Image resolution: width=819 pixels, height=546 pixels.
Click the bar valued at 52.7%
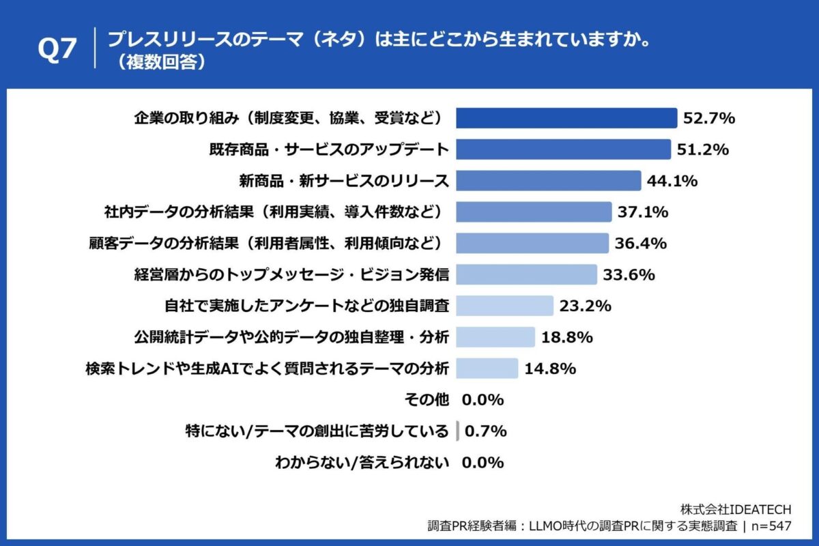[x=566, y=118]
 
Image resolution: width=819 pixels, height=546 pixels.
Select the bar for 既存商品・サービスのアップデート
[x=563, y=149]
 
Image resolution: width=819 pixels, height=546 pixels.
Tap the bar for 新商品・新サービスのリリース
[x=548, y=181]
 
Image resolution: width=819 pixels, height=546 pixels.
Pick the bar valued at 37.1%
[x=533, y=212]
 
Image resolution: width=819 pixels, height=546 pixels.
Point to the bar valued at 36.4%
[x=532, y=243]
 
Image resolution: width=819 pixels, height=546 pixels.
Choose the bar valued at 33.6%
[x=526, y=274]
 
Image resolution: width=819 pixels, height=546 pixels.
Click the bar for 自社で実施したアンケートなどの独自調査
[x=504, y=306]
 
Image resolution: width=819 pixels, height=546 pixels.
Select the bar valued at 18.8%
[x=495, y=337]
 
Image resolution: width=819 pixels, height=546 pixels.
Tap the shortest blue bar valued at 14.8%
[x=487, y=369]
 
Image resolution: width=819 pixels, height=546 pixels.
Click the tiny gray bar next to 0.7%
[x=457, y=431]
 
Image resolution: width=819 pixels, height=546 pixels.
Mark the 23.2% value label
[x=584, y=306]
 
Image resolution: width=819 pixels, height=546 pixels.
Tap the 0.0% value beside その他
[x=483, y=400]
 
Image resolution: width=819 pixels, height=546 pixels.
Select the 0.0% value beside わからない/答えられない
[x=483, y=463]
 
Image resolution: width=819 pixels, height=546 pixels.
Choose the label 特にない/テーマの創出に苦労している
[x=317, y=431]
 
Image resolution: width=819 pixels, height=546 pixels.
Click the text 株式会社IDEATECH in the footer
[x=736, y=510]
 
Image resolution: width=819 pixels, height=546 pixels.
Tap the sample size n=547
[x=769, y=526]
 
